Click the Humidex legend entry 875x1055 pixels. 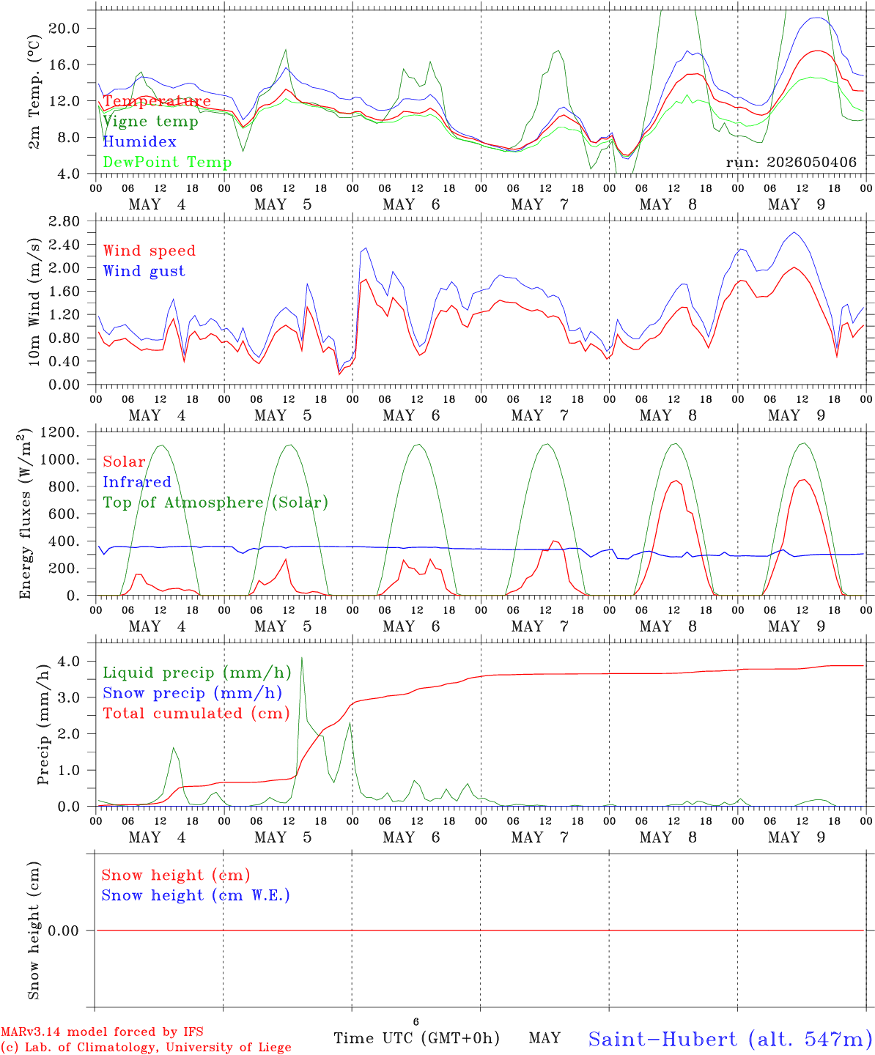[139, 141]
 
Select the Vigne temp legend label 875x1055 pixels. [150, 122]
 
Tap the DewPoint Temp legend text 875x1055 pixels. [167, 162]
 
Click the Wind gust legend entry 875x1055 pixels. [144, 271]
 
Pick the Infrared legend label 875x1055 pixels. [137, 482]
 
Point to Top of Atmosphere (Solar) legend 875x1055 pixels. [216, 503]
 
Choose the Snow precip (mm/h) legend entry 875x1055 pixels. [192, 693]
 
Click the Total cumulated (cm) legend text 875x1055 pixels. [196, 714]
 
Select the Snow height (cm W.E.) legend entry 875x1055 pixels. [196, 895]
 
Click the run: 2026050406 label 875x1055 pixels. [791, 162]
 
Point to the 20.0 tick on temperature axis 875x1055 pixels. [64, 29]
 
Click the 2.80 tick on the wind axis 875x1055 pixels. [64, 221]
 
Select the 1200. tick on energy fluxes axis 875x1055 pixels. [60, 432]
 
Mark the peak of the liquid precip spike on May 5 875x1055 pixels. [302, 657]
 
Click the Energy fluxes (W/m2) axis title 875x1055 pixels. [25, 514]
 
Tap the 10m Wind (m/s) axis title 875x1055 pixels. [34, 301]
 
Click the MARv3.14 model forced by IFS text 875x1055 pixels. [102, 1032]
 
